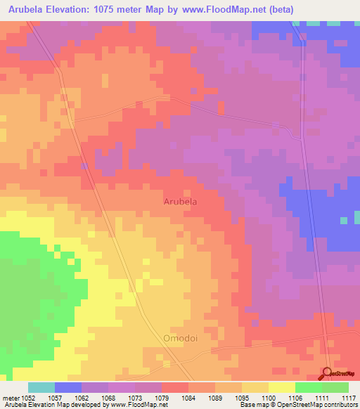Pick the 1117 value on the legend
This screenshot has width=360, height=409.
(x=348, y=397)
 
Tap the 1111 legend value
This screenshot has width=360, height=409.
(x=323, y=397)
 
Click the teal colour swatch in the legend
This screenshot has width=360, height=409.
(x=41, y=387)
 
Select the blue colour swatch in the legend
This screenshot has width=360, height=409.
(x=67, y=387)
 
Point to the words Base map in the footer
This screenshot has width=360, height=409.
(x=252, y=405)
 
